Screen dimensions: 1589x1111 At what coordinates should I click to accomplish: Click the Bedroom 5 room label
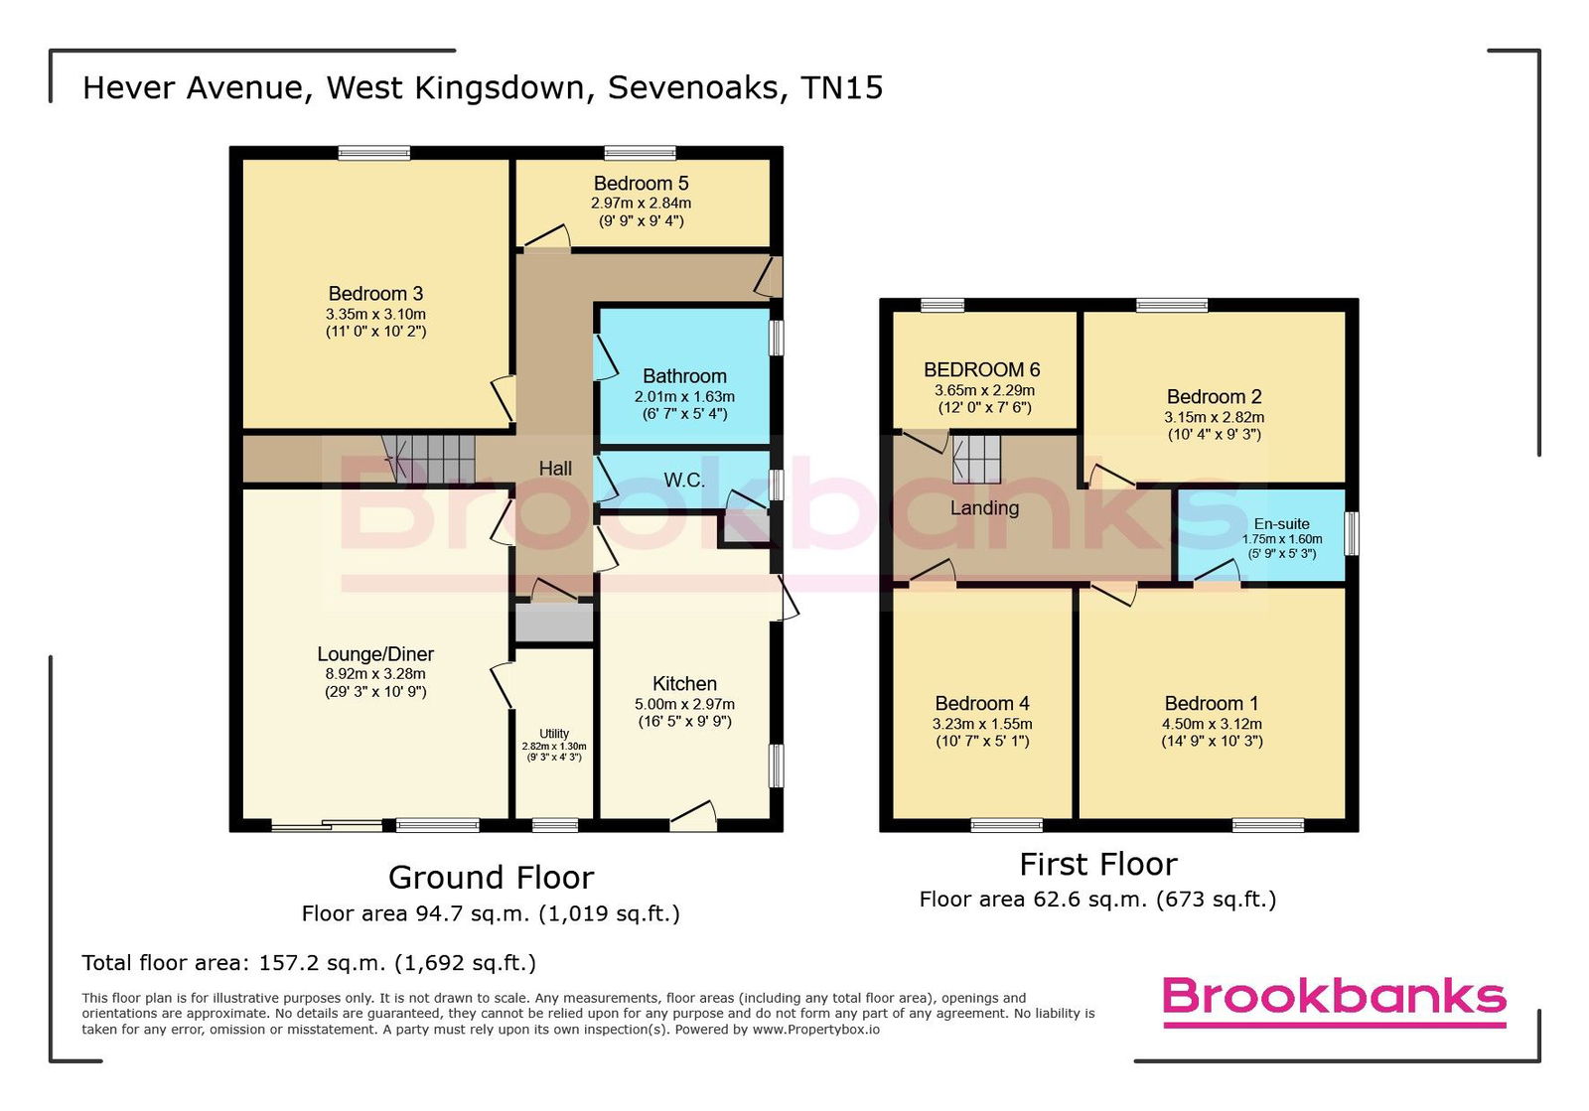[641, 184]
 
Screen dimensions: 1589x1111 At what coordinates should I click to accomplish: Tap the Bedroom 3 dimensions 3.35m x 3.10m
[376, 314]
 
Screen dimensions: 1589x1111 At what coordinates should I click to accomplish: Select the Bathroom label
[684, 375]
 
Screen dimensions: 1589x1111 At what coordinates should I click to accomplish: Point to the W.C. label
[684, 481]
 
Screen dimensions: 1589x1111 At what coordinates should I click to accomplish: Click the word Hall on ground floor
[555, 468]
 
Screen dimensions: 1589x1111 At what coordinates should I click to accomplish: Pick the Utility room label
[554, 734]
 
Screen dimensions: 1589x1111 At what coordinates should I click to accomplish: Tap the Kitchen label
[684, 683]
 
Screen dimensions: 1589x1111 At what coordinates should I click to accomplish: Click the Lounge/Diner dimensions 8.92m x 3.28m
[375, 673]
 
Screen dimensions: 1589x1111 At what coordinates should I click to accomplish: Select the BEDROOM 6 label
[982, 369]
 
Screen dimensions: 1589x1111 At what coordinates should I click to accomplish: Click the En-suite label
[1282, 524]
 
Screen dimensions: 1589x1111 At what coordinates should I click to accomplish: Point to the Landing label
[984, 507]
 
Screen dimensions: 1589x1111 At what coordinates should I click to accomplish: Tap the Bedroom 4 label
[982, 703]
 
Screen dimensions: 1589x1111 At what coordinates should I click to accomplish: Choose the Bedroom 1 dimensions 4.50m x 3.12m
[1213, 724]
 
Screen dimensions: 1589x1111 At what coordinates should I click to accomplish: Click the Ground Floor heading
[491, 877]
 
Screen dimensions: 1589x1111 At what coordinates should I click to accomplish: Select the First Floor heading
[1098, 864]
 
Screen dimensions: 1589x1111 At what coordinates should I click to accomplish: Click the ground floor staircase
[428, 460]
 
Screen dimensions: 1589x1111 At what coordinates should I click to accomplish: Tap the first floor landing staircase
[975, 460]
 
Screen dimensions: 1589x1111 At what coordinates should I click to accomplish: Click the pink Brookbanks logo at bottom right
[1335, 1001]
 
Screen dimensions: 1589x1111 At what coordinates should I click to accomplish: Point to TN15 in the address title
[842, 88]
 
